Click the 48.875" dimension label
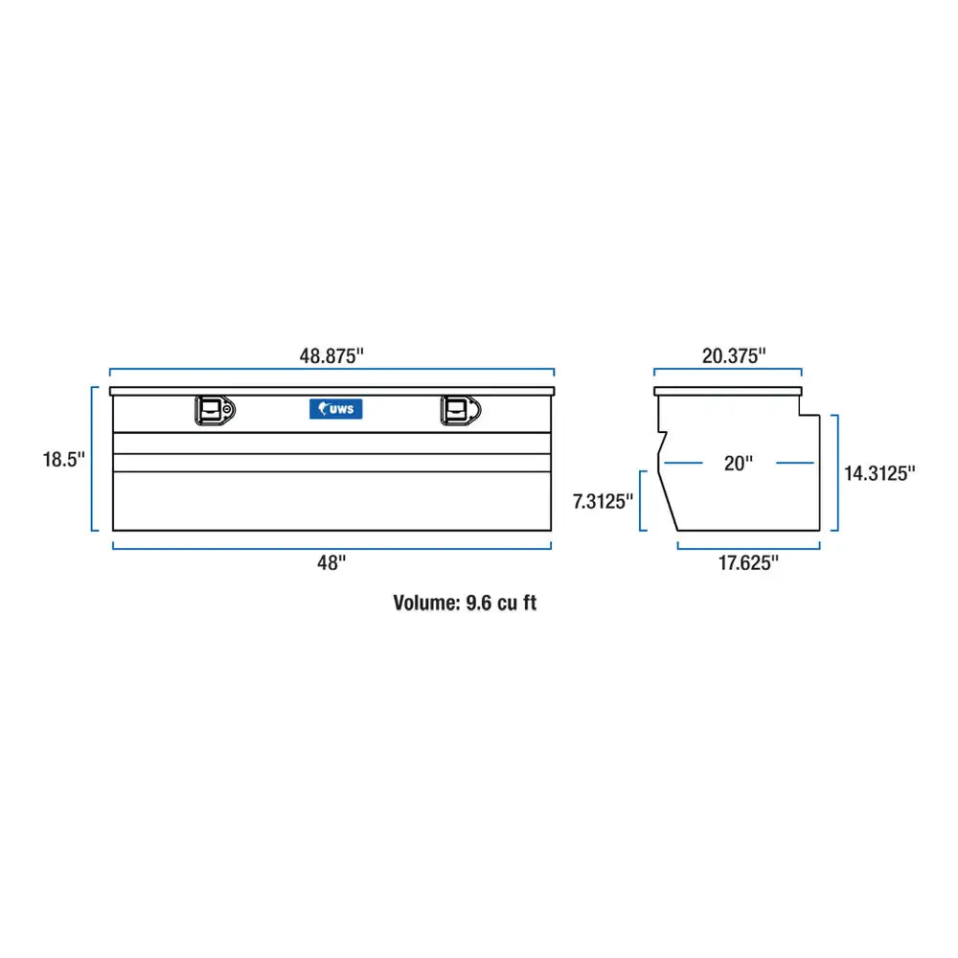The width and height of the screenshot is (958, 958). (331, 355)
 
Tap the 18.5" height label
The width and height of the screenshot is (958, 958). (63, 459)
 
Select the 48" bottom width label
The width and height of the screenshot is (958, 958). (331, 562)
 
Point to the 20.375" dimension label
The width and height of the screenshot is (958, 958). (734, 355)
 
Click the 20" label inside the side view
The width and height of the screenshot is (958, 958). (738, 463)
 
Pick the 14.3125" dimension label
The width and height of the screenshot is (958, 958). (879, 473)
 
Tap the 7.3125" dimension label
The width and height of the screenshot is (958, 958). (603, 501)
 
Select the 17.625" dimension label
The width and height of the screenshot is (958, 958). (748, 562)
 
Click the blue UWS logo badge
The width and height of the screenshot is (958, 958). (336, 409)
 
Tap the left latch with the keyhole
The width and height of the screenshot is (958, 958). (215, 410)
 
